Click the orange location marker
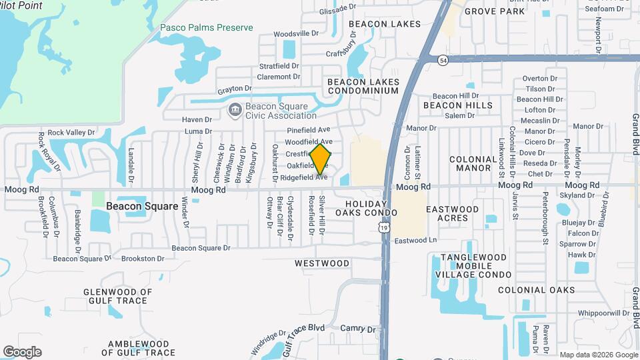click(321, 159)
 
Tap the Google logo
click(22, 352)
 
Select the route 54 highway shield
click(443, 60)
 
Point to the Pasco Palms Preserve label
click(207, 27)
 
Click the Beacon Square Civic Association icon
click(235, 110)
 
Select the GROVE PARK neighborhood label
click(495, 11)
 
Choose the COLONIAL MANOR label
click(473, 164)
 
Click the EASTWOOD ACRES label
click(452, 213)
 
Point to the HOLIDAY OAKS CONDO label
click(366, 208)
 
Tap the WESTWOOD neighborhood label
click(322, 263)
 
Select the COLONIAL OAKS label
click(536, 290)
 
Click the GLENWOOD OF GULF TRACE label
click(117, 296)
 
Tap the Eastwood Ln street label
click(415, 240)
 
